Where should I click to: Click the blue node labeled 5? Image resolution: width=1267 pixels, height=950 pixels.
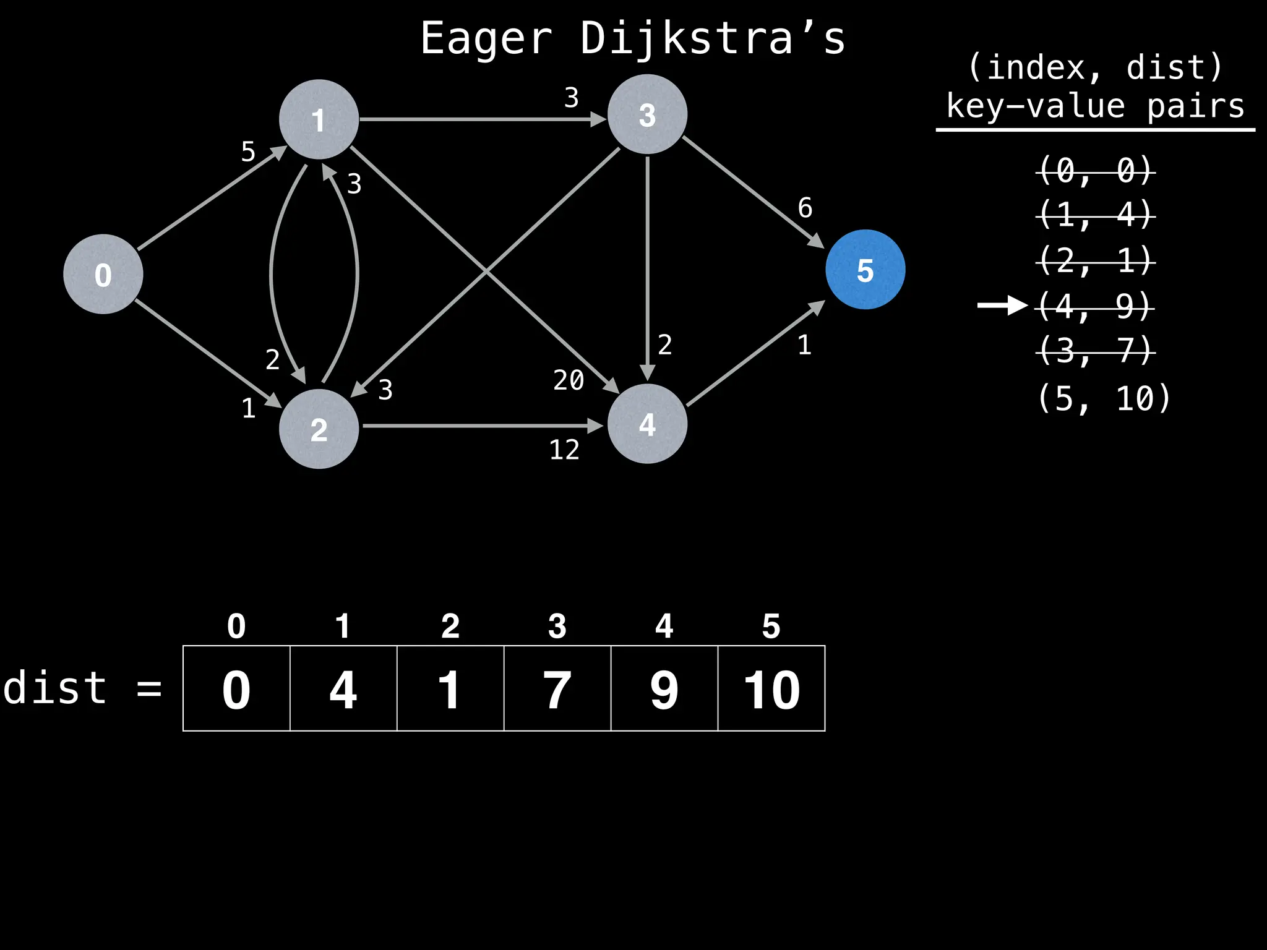coord(865,270)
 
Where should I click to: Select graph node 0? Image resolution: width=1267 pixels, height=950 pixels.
coord(103,274)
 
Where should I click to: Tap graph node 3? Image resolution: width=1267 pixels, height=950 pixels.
coord(647,114)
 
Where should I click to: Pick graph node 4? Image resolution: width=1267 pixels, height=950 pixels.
coord(647,424)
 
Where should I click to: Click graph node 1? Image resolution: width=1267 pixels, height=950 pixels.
coord(319,119)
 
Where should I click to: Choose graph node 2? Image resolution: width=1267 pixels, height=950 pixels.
coord(319,429)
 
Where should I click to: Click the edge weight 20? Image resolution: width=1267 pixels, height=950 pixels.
coord(569,380)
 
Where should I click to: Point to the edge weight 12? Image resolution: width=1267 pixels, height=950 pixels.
coord(564,450)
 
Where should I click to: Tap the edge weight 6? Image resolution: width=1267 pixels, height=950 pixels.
coord(805,208)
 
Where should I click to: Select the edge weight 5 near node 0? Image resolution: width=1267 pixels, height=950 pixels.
coord(248,152)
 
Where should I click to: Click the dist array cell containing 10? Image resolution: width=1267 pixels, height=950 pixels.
coord(771,688)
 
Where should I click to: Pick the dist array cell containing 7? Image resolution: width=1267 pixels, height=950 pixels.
coord(557,688)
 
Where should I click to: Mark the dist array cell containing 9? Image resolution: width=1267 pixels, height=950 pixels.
coord(664,688)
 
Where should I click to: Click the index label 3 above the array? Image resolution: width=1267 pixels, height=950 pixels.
coord(557,626)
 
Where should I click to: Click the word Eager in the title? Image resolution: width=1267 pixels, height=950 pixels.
coord(486,38)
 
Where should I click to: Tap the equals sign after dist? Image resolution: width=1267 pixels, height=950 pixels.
coord(149,688)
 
